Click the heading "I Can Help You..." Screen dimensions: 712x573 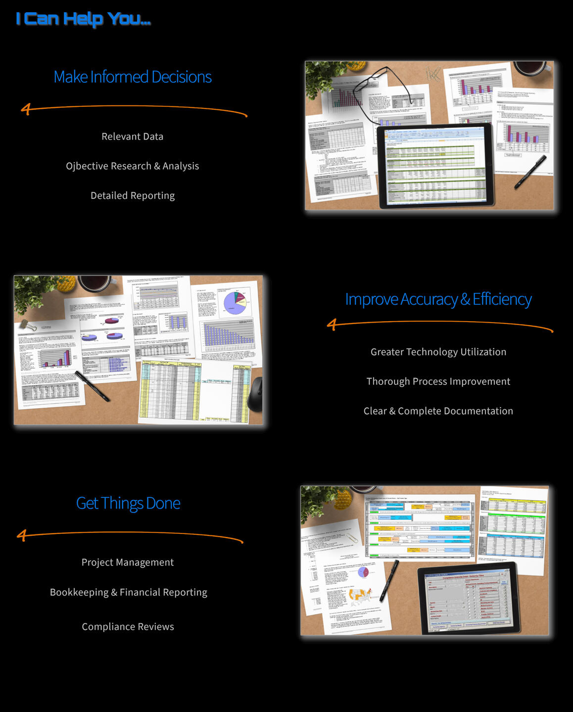[83, 19]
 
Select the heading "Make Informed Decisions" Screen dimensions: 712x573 [133, 77]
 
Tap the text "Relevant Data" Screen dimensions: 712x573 [132, 137]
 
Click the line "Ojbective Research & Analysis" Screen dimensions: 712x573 [132, 166]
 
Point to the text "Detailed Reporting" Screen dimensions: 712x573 [132, 196]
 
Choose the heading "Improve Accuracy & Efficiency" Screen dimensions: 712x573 [438, 299]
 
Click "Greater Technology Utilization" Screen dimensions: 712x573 [438, 352]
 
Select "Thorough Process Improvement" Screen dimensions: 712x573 [438, 381]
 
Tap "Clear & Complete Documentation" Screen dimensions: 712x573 [438, 411]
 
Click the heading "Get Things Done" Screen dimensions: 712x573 [128, 503]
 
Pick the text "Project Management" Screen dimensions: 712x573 [127, 563]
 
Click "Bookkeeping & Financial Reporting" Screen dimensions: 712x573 [128, 592]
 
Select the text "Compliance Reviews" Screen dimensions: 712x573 [128, 627]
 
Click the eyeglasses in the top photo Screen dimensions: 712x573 [391, 89]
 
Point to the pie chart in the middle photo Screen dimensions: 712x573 [235, 302]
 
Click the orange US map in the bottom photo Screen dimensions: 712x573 [361, 594]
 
